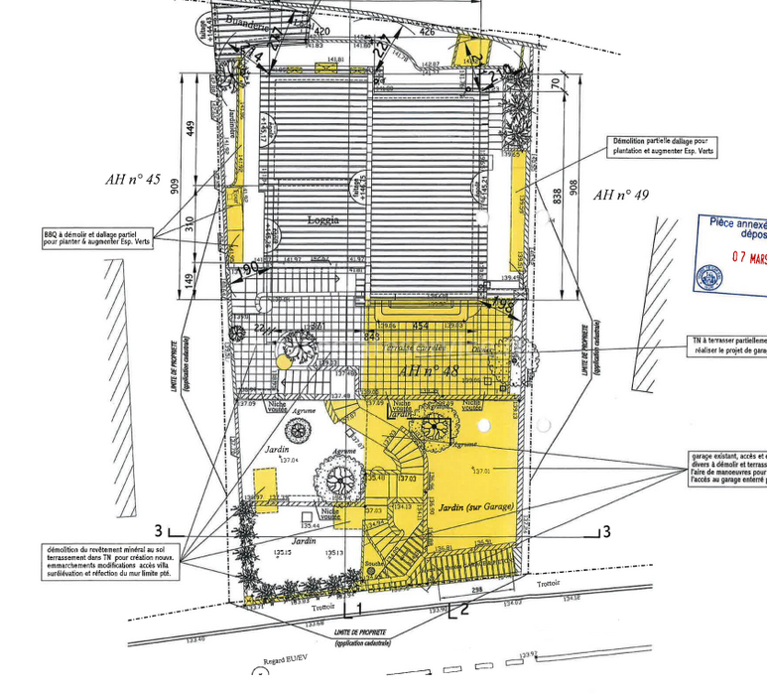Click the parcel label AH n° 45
(x=133, y=180)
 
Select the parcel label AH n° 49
(x=620, y=196)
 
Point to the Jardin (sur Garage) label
(x=477, y=506)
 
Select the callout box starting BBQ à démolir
(x=96, y=237)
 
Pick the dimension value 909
(x=175, y=187)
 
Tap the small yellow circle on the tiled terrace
(x=283, y=363)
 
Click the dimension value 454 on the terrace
(x=421, y=325)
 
